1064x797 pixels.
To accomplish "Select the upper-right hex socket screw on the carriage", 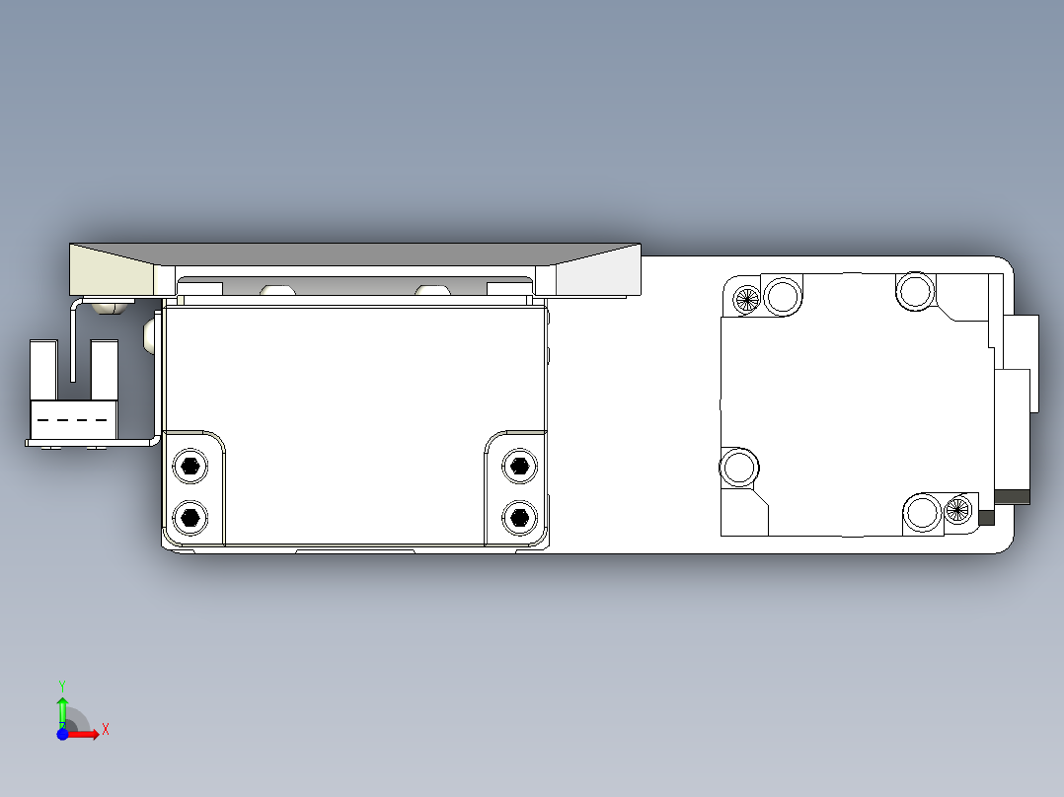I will click(x=518, y=466).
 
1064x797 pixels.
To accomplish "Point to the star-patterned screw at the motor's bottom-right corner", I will click(x=956, y=509).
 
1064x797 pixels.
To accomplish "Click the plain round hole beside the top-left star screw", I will click(x=784, y=295).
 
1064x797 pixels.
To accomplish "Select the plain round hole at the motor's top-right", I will click(x=915, y=290).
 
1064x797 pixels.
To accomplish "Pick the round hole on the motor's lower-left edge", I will click(x=737, y=465).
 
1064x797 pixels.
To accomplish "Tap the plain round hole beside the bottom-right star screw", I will click(x=923, y=512).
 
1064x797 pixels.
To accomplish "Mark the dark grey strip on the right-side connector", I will click(x=1013, y=496).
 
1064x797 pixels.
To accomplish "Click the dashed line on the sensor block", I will click(x=72, y=420).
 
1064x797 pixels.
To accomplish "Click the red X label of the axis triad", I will click(x=105, y=730).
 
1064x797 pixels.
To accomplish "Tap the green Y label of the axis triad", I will click(x=62, y=685).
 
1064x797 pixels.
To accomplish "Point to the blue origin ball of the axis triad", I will click(x=63, y=734).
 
